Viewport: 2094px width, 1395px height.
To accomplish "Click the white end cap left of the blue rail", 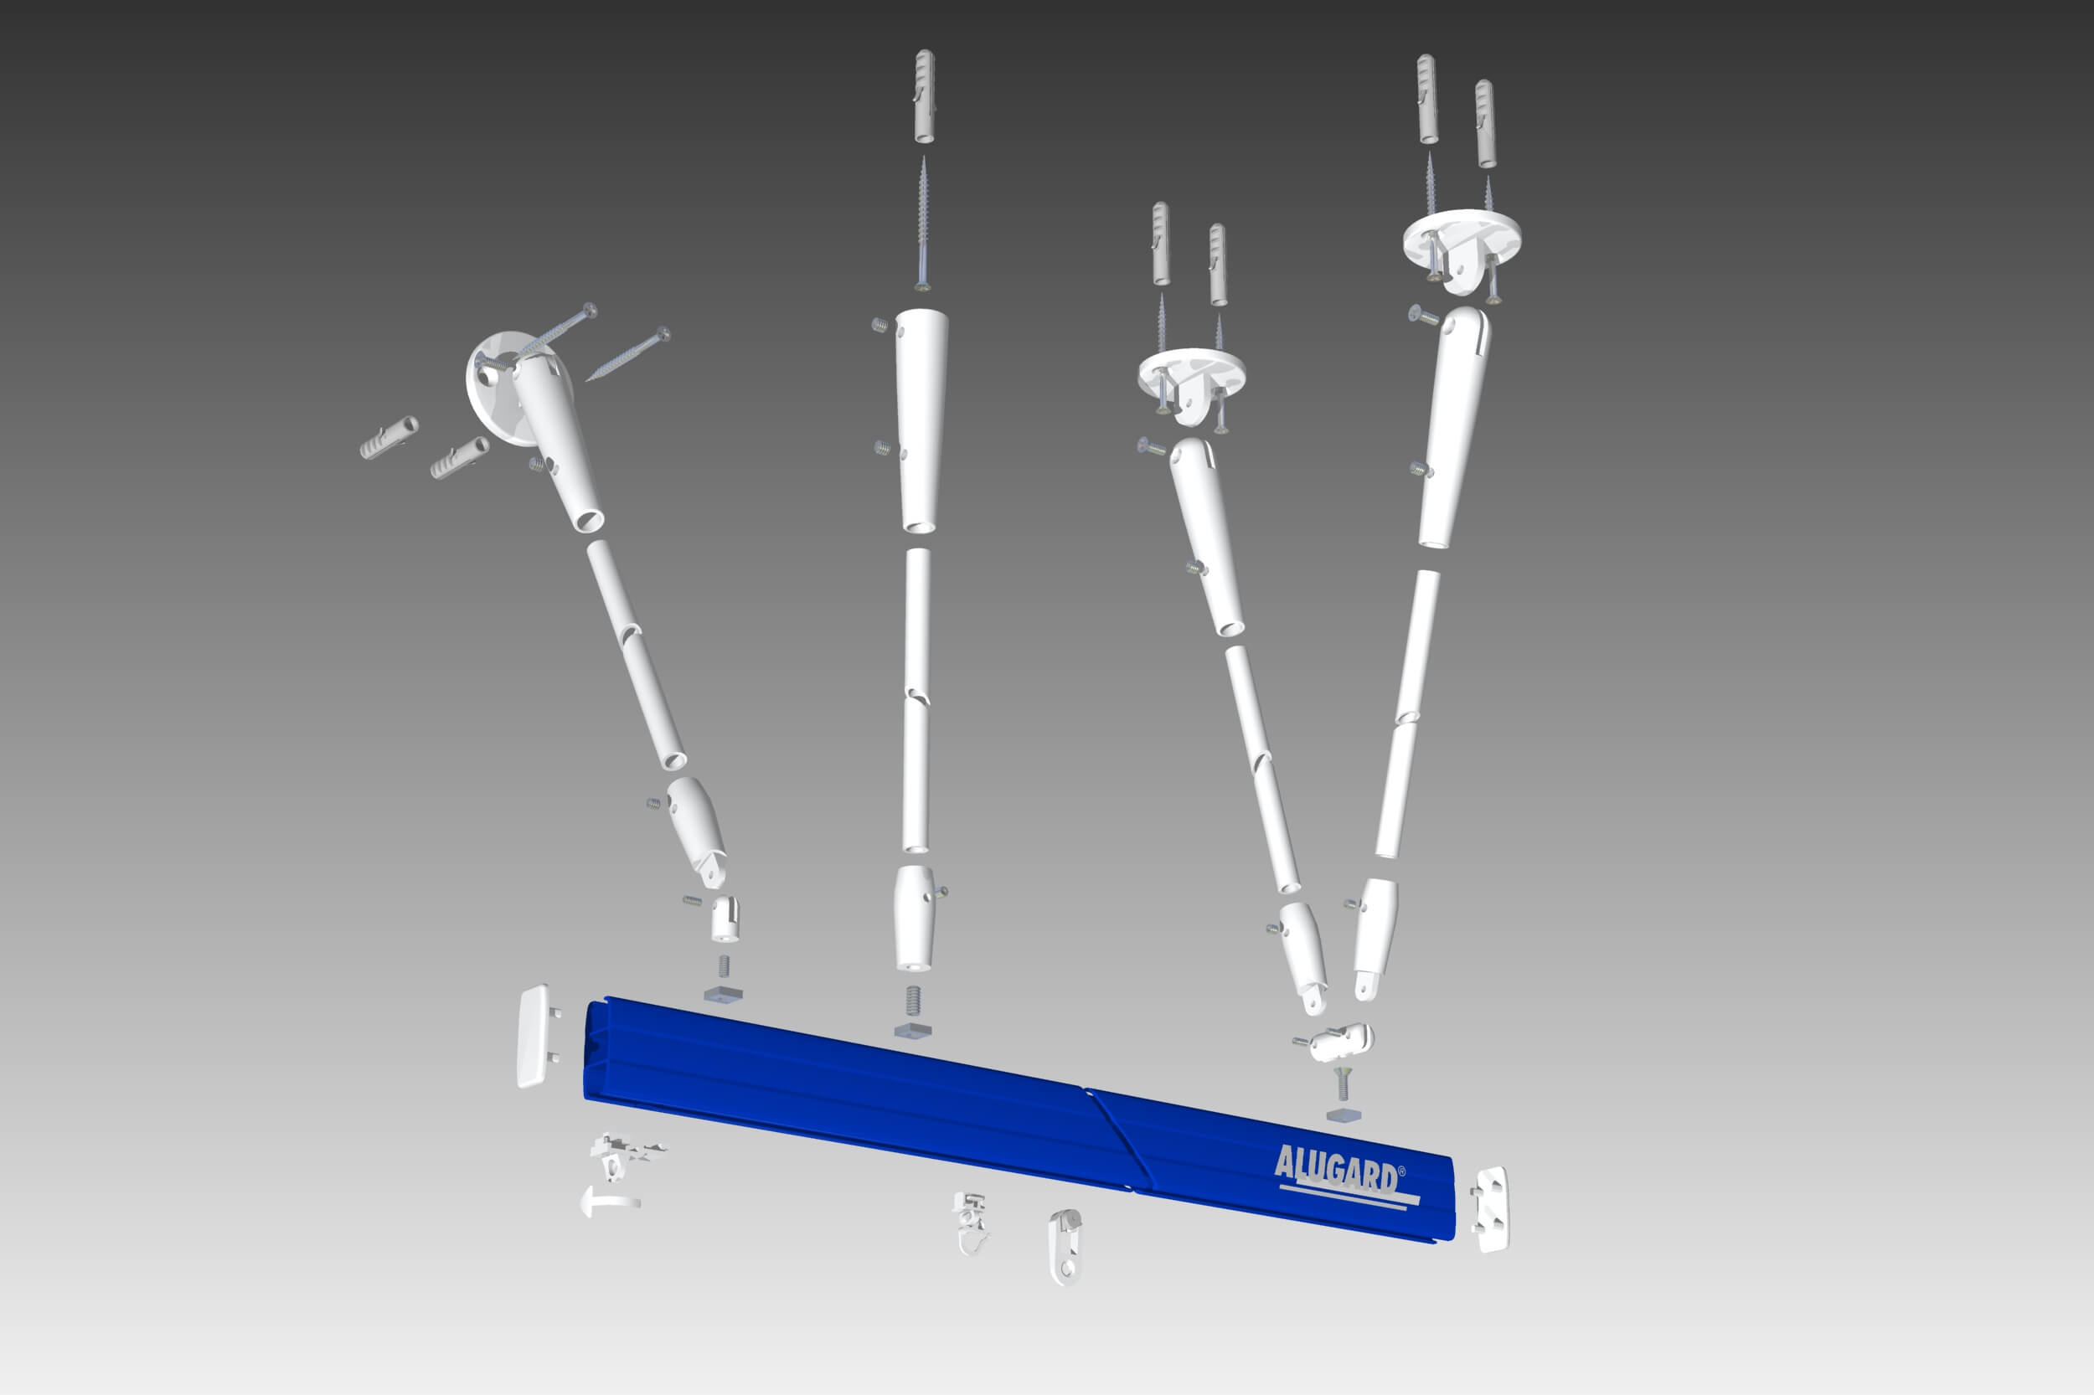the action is point(536,1036).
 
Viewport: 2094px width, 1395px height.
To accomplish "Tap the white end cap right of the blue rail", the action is point(1490,1209).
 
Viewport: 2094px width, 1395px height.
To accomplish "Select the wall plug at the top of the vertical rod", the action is point(926,96).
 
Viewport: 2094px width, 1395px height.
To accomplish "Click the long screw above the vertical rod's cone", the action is point(924,223).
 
